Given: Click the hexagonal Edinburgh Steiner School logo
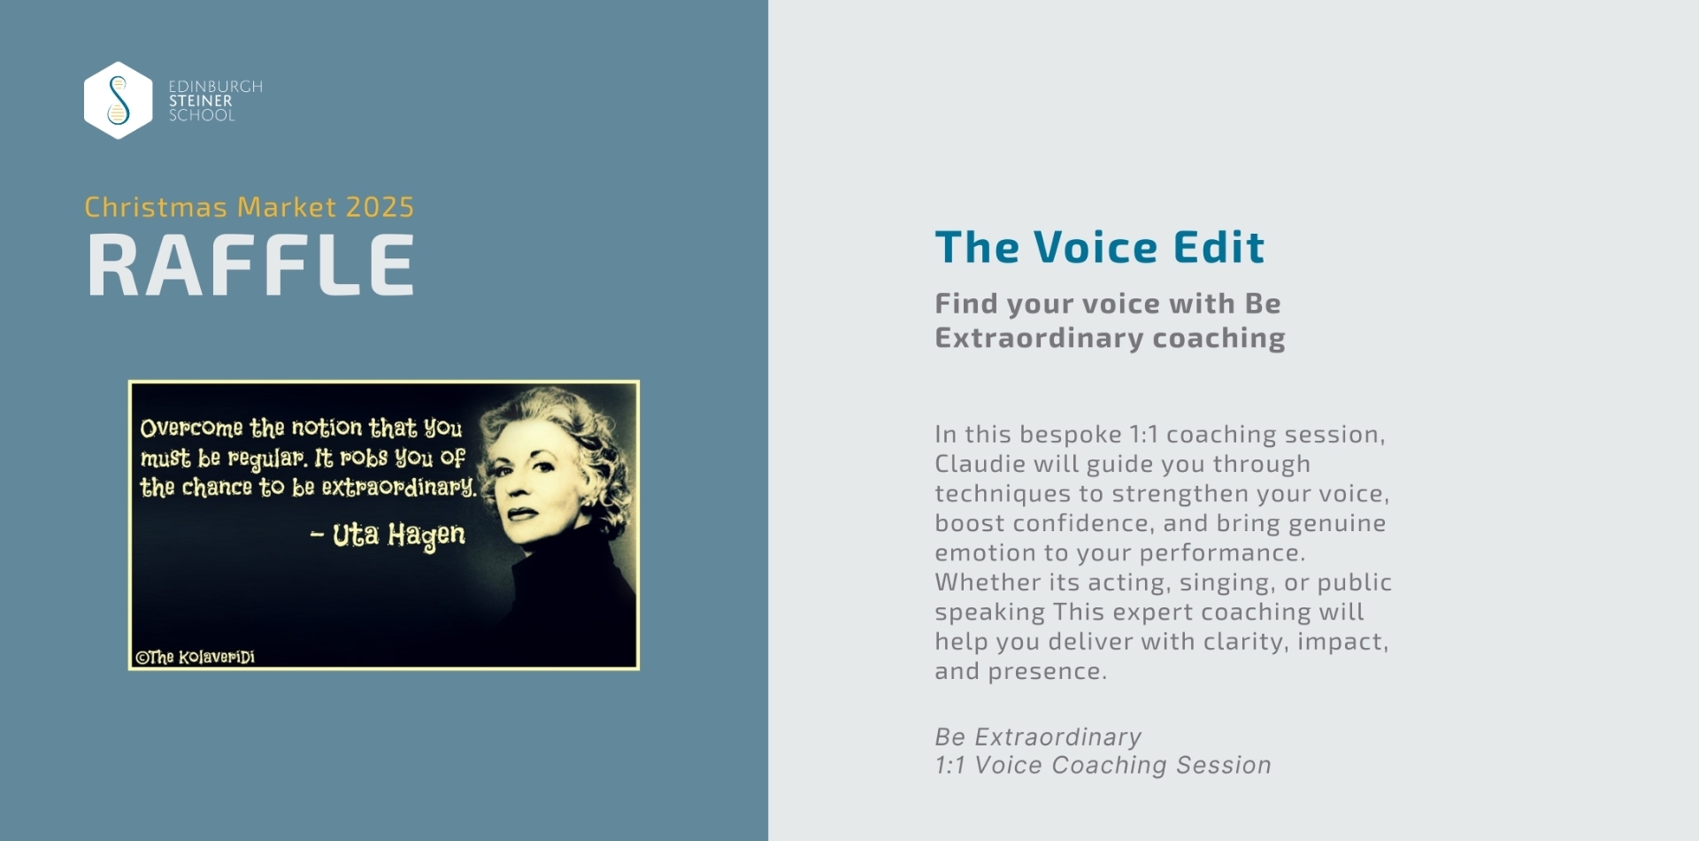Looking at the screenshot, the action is point(118,100).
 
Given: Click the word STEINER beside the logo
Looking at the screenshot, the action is point(201,101).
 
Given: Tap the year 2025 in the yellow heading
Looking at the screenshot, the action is point(380,207).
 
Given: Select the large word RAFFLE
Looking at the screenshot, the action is point(250,265).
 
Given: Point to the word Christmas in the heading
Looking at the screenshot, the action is point(156,207).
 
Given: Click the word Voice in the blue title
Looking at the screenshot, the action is point(1096,247).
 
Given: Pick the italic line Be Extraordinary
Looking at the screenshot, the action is point(1038,737).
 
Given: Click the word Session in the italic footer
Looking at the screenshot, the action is point(1224,766).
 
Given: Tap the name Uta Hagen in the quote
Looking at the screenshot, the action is point(398,536).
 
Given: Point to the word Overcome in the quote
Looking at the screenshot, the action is point(191,428).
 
